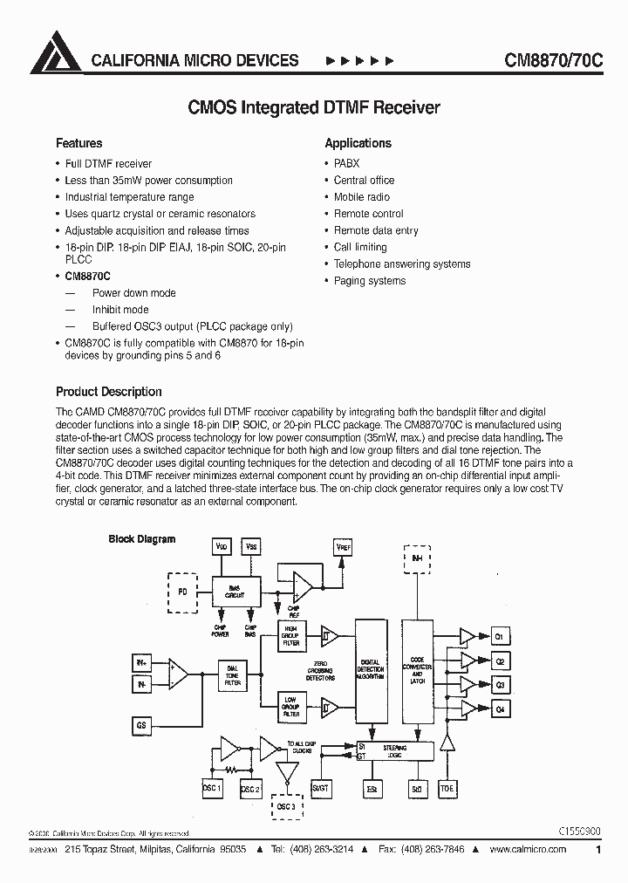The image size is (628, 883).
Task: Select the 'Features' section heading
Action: point(79,143)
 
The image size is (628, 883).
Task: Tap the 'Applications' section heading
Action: point(358,143)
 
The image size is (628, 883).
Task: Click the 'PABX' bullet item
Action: point(346,163)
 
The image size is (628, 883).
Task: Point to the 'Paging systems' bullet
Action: point(370,281)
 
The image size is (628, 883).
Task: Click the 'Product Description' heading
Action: point(109,392)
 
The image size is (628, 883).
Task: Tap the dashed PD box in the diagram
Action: point(181,591)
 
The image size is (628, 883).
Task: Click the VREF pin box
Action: point(345,546)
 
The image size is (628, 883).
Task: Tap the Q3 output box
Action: point(500,686)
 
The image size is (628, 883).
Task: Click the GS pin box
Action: point(141,724)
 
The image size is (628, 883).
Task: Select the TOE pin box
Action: point(447,789)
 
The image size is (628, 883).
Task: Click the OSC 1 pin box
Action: point(212,789)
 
